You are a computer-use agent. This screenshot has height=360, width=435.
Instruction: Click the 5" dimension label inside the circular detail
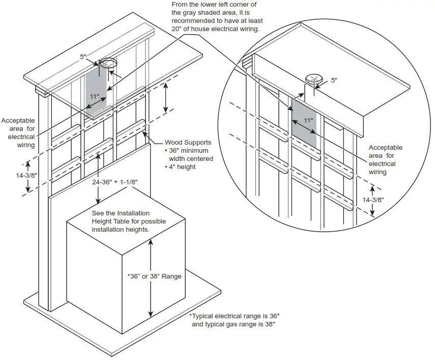pyautogui.click(x=334, y=80)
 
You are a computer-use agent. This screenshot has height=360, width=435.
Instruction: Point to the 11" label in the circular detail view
pyautogui.click(x=308, y=121)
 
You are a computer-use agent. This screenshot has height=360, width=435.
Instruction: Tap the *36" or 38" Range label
pyautogui.click(x=154, y=276)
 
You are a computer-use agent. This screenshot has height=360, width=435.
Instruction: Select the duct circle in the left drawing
pyautogui.click(x=108, y=64)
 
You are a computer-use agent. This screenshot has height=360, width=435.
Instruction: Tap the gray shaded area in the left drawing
pyautogui.click(x=97, y=87)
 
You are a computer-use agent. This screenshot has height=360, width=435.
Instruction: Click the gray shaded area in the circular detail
pyautogui.click(x=304, y=125)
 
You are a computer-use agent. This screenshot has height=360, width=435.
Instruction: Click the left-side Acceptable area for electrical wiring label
pyautogui.click(x=18, y=133)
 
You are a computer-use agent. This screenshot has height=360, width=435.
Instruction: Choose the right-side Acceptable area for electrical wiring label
pyautogui.click(x=382, y=159)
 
